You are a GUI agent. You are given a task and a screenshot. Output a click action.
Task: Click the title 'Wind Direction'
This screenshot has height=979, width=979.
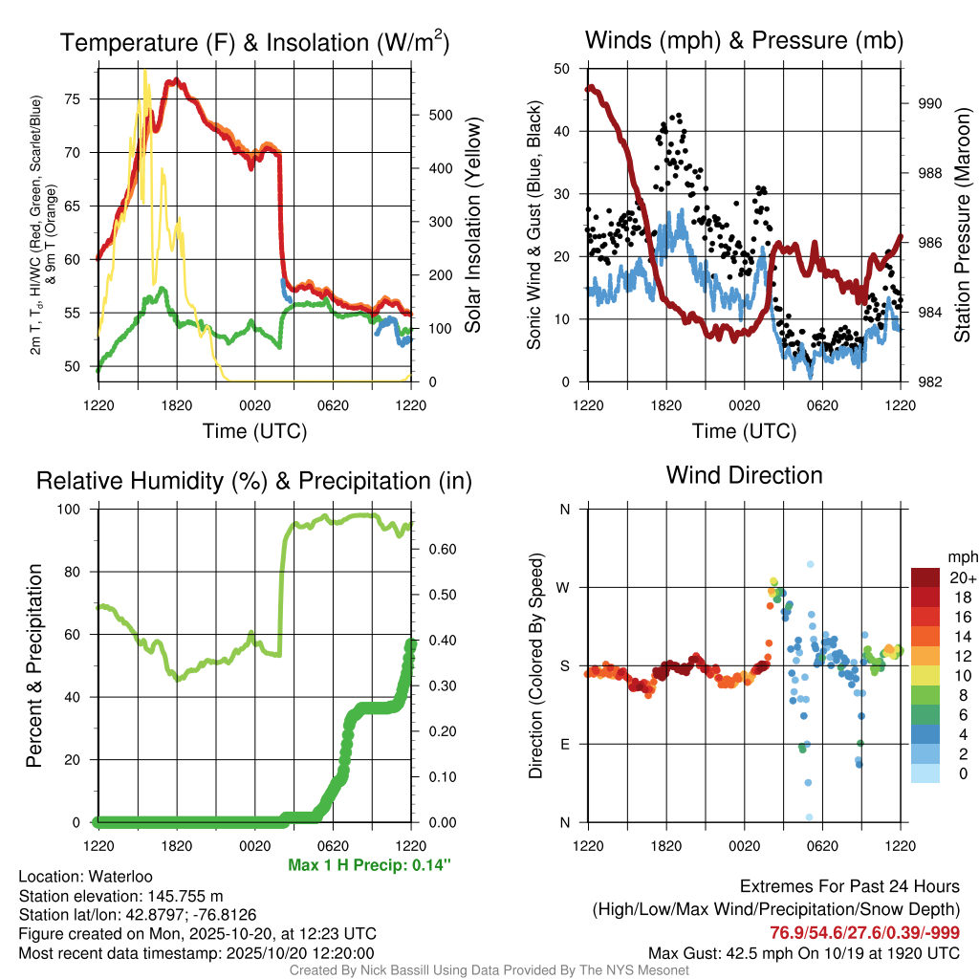(x=744, y=475)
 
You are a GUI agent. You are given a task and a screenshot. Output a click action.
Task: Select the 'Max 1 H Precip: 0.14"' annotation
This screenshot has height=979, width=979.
(x=369, y=865)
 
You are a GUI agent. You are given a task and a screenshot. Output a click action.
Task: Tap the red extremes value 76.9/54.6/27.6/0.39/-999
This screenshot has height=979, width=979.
(x=865, y=932)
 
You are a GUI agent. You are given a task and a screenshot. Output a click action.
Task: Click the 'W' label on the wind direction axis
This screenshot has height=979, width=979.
(x=565, y=587)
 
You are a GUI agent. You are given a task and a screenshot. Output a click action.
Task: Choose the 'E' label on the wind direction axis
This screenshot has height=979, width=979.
(x=565, y=744)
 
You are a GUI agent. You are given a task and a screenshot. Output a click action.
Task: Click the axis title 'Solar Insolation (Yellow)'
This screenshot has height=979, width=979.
(x=472, y=226)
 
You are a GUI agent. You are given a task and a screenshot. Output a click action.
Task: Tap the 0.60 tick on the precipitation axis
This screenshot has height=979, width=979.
(x=440, y=550)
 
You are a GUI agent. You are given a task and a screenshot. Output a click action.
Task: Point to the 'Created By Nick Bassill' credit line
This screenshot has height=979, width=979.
(x=489, y=970)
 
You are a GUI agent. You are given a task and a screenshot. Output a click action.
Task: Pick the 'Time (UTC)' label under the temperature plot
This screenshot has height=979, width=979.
(x=254, y=431)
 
